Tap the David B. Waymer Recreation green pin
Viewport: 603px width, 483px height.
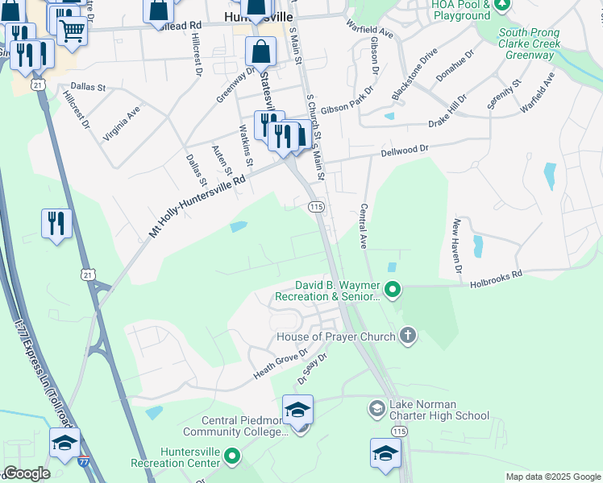click(x=393, y=288)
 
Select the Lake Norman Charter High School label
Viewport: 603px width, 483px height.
click(x=439, y=410)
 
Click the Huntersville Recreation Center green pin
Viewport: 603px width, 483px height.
click(x=232, y=457)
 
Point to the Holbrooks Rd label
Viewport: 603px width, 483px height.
click(x=496, y=275)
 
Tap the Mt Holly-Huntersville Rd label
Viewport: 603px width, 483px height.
click(x=198, y=207)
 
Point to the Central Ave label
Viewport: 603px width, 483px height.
click(x=364, y=225)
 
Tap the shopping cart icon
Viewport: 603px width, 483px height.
click(x=72, y=31)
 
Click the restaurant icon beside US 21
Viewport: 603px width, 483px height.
click(x=56, y=224)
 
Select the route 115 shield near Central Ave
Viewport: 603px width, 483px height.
click(x=316, y=208)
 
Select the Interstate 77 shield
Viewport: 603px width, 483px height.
click(x=84, y=461)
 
